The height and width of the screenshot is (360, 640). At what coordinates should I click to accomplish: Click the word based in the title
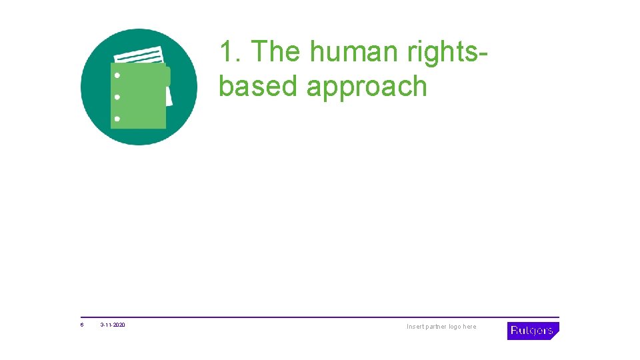[x=258, y=87]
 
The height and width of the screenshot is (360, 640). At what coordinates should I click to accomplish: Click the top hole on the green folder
[x=117, y=75]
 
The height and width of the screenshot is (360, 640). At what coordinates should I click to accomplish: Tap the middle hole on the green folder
[x=117, y=97]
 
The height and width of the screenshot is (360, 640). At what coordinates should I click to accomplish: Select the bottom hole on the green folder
[x=117, y=119]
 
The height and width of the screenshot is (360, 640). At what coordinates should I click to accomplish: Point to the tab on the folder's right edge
[x=167, y=77]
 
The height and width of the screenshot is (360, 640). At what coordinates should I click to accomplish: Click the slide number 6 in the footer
[x=82, y=326]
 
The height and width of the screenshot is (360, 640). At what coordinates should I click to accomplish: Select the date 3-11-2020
[x=113, y=326]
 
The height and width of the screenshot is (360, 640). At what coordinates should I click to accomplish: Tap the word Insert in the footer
[x=416, y=327]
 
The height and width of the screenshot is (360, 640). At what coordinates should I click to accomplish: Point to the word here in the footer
[x=470, y=327]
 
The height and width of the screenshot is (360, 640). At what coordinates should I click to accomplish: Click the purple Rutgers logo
[x=532, y=331]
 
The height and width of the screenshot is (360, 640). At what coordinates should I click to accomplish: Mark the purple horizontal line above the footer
[x=320, y=317]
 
